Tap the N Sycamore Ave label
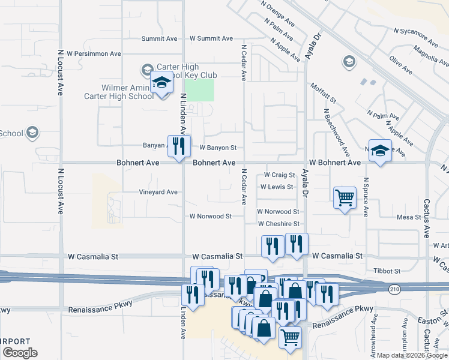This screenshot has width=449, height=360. (x=416, y=37)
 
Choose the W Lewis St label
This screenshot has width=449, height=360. (x=277, y=187)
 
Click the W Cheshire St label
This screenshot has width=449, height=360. (x=278, y=224)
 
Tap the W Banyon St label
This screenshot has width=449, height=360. (x=218, y=147)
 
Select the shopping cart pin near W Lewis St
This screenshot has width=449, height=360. (x=345, y=197)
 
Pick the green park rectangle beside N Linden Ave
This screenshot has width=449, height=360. (x=199, y=90)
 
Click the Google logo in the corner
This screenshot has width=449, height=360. (x=20, y=353)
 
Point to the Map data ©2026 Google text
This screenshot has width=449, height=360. (x=411, y=355)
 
